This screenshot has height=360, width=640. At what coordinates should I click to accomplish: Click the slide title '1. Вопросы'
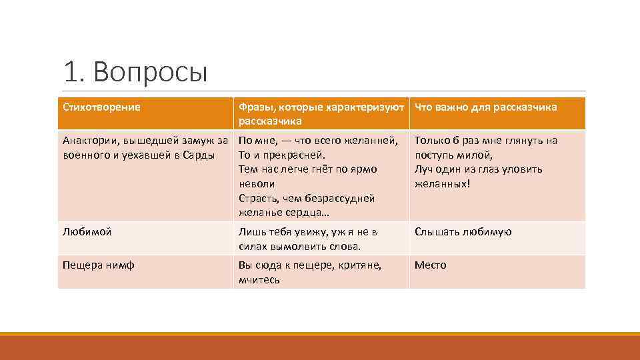(x=136, y=72)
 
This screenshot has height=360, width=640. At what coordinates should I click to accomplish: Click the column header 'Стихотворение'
(x=101, y=107)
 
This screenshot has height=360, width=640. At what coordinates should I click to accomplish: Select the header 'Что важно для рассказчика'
(x=485, y=107)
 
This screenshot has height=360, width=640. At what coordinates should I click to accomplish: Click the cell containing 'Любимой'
(x=87, y=232)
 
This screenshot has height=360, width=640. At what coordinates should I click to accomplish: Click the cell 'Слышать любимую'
(x=463, y=232)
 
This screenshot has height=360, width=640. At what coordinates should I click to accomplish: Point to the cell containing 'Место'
(x=430, y=265)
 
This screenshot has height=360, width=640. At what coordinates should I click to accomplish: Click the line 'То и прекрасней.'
(x=281, y=155)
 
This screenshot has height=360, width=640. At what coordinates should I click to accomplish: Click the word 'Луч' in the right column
(x=424, y=169)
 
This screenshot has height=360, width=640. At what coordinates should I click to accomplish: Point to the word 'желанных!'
(x=442, y=183)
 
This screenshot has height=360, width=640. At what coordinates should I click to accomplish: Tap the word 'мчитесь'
(x=259, y=279)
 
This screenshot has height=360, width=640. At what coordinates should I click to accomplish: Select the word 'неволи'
(x=257, y=183)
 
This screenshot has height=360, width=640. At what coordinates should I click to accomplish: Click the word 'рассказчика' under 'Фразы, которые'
(x=270, y=121)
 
